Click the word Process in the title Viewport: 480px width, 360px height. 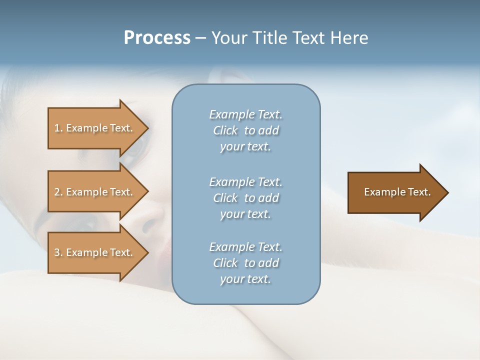click(x=157, y=38)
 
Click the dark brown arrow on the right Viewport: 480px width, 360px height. click(x=395, y=192)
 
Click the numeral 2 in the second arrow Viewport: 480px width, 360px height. click(x=57, y=192)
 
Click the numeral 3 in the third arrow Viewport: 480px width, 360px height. click(x=57, y=252)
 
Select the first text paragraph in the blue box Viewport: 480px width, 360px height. click(x=245, y=130)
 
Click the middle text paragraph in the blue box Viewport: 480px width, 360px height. click(x=245, y=197)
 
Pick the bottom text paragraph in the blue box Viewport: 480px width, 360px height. click(x=245, y=263)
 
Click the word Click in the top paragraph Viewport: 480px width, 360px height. click(x=225, y=130)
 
